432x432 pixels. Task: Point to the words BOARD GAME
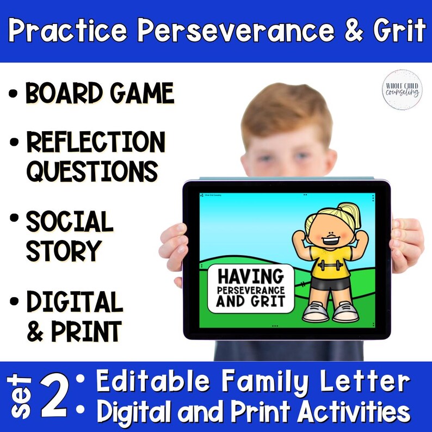(100, 94)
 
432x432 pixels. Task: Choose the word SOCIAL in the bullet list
(70, 221)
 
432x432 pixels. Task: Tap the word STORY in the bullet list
(64, 251)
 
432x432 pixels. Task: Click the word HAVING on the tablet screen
(250, 275)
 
